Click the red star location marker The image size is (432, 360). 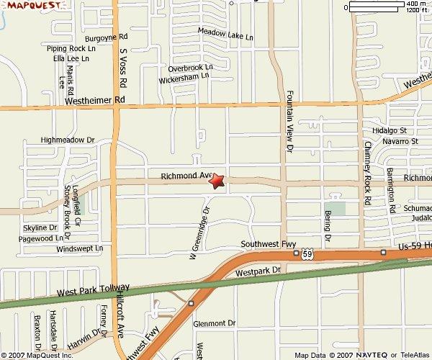click(x=217, y=181)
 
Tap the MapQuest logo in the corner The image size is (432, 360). click(x=27, y=7)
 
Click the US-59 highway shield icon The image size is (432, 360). click(x=307, y=254)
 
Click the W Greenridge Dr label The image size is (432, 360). click(x=199, y=233)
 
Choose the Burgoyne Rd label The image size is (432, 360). click(x=106, y=36)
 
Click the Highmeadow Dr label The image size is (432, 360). click(x=68, y=140)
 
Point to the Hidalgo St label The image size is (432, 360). click(x=390, y=131)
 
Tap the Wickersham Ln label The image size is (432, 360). click(x=185, y=75)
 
